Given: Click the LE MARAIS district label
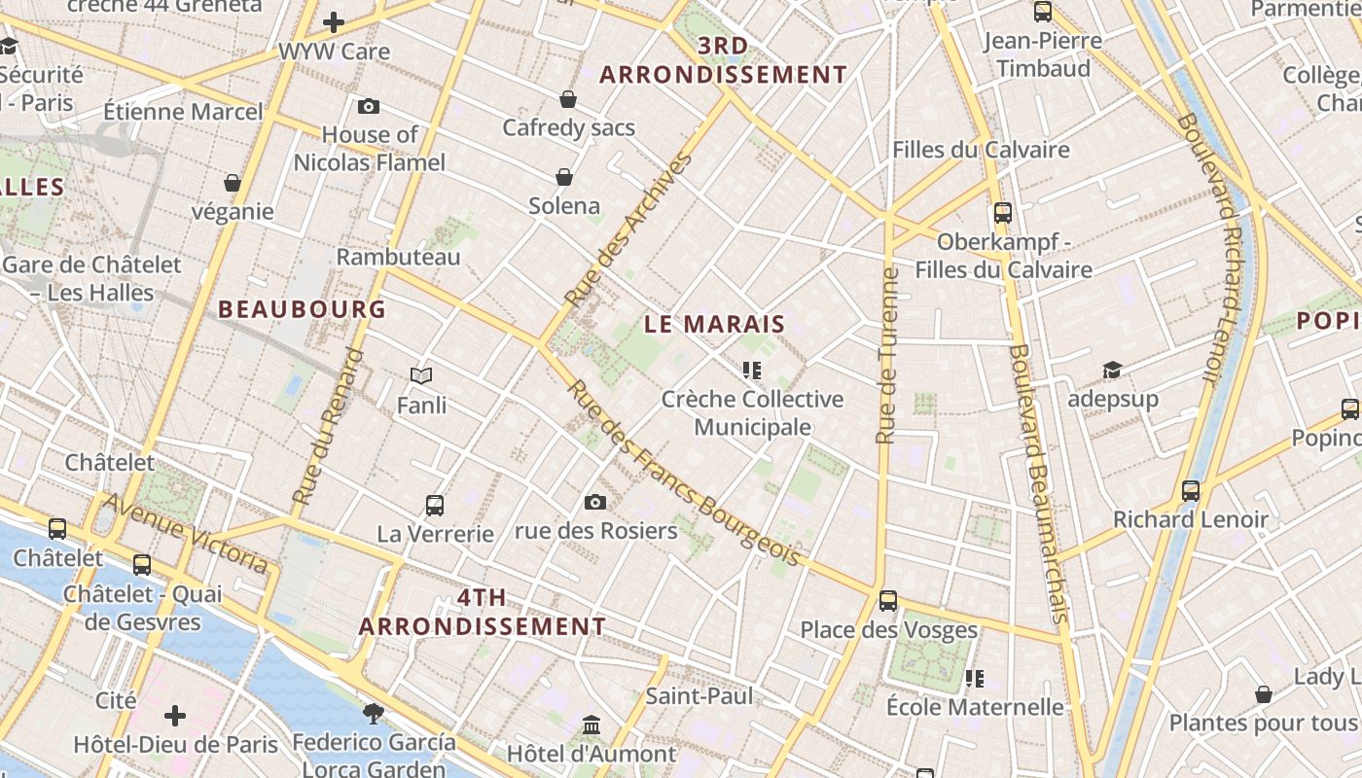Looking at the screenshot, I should coord(714,325).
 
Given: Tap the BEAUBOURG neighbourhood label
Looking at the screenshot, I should coord(302,309).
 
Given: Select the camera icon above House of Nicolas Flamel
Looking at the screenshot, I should coord(369,107).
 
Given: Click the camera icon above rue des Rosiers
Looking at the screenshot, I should coord(595,502).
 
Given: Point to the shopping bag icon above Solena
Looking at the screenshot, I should coord(564,176).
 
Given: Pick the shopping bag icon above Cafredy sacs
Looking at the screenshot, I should coord(568,99).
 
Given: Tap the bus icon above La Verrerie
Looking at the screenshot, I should coord(435,506).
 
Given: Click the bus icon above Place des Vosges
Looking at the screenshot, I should coord(888,601).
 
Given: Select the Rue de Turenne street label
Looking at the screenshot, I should coord(886,356).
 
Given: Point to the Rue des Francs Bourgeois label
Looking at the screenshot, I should coord(683,473).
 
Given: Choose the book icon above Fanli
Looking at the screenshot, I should coord(421,375).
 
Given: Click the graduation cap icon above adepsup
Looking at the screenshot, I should coord(1112,370).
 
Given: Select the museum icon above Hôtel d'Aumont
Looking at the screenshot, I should coord(591,725).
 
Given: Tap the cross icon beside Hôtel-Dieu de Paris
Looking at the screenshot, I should coord(175,717).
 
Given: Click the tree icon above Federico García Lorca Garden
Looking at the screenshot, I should coord(373,714).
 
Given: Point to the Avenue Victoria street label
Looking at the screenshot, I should coord(185,532).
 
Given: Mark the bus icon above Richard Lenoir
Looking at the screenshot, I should coord(1191,490).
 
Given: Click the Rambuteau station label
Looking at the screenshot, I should coord(398,257).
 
